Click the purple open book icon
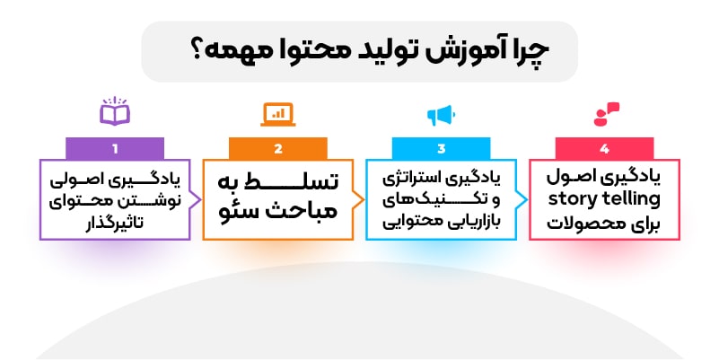click(115, 111)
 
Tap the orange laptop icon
click(278, 114)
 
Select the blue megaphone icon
click(441, 115)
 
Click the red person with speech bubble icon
click(606, 114)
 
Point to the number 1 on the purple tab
click(115, 149)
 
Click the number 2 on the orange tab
click(278, 149)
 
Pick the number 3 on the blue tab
click(441, 149)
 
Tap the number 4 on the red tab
click(604, 149)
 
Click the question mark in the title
click(197, 51)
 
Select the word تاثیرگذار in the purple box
click(115, 223)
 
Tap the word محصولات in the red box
click(581, 224)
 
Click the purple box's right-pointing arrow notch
click(196, 200)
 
